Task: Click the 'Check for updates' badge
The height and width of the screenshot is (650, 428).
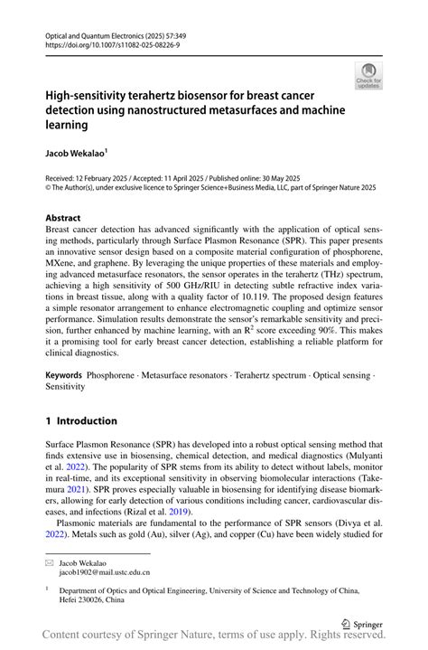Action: [369, 77]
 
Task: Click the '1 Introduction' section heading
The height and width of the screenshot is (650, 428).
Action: [81, 420]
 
